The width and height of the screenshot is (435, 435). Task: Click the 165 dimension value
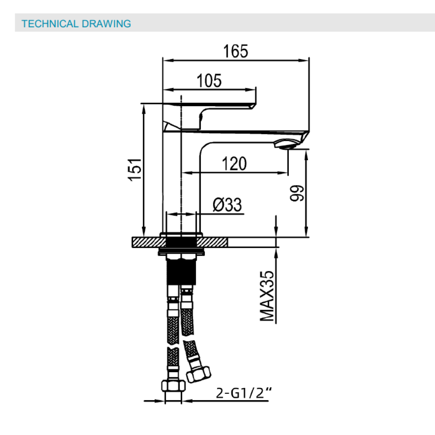(x=235, y=51)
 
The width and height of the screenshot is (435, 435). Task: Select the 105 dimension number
(x=209, y=81)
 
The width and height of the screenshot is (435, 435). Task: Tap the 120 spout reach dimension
(x=234, y=164)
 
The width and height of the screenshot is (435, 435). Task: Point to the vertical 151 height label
(x=135, y=169)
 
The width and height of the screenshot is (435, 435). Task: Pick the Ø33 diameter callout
(x=227, y=205)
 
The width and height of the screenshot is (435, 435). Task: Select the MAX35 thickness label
(x=267, y=296)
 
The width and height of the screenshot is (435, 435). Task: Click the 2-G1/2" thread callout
(x=244, y=393)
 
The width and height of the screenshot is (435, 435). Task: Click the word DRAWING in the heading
(x=106, y=24)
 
